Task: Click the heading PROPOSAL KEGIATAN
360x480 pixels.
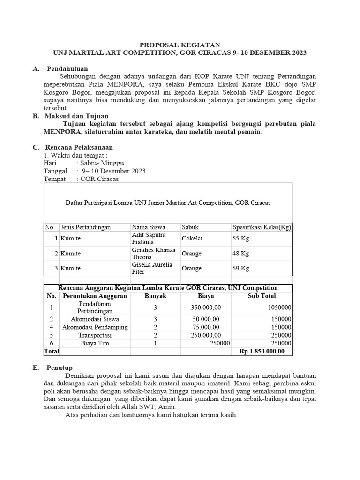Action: pyautogui.click(x=180, y=45)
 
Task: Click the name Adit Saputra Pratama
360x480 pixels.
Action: pyautogui.click(x=149, y=238)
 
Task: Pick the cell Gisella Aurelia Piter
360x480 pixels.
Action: pyautogui.click(x=152, y=268)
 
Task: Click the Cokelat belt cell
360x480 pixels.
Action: pyautogui.click(x=193, y=238)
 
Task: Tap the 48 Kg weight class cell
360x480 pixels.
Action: pyautogui.click(x=241, y=254)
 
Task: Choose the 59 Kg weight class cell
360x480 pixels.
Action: pyautogui.click(x=241, y=269)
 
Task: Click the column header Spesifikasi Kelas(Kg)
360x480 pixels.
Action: pyautogui.click(x=262, y=227)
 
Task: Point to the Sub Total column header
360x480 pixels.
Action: pyautogui.click(x=262, y=296)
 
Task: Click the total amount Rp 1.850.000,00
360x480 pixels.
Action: pyautogui.click(x=262, y=351)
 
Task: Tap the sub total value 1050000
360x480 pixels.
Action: pyautogui.click(x=278, y=307)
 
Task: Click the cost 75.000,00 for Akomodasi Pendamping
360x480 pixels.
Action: pyautogui.click(x=206, y=327)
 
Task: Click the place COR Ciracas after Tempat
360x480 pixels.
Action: pyautogui.click(x=100, y=179)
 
